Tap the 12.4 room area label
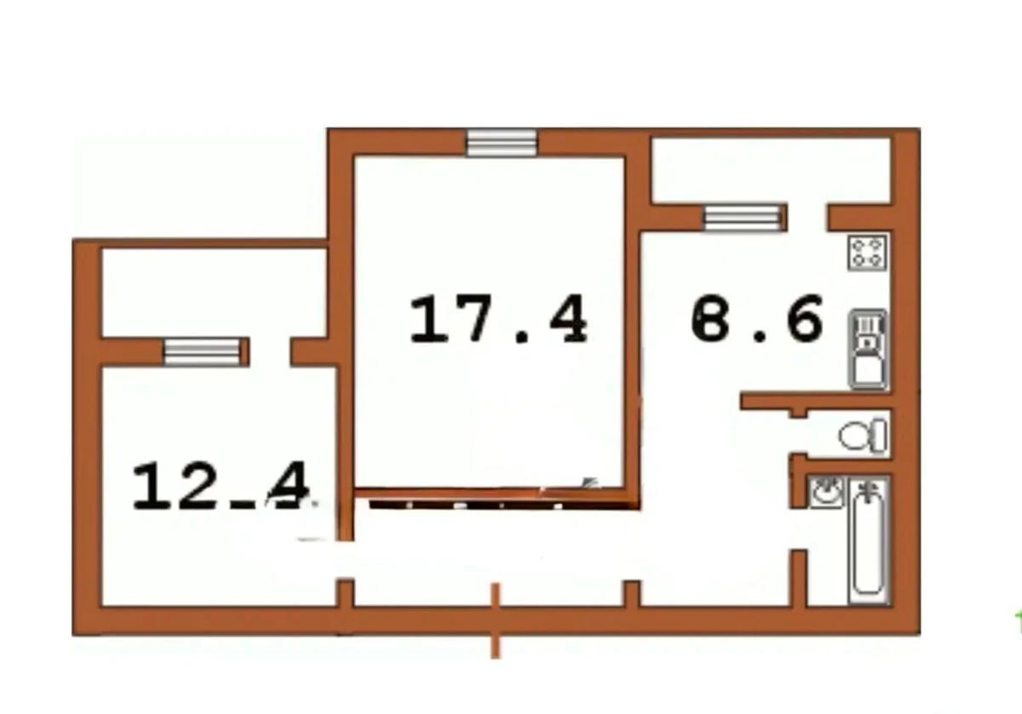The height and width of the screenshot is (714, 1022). [x=221, y=486]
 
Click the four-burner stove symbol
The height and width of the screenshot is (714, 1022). [x=868, y=251]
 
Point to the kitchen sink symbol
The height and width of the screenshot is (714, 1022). [x=868, y=349]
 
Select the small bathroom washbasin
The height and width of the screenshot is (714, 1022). [x=825, y=492]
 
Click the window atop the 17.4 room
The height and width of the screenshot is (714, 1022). [x=502, y=142]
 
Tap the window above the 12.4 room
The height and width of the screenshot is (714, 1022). [x=202, y=350]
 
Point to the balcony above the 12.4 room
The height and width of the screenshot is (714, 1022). [x=213, y=291]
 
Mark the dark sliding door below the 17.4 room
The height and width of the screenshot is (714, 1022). [x=494, y=501]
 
